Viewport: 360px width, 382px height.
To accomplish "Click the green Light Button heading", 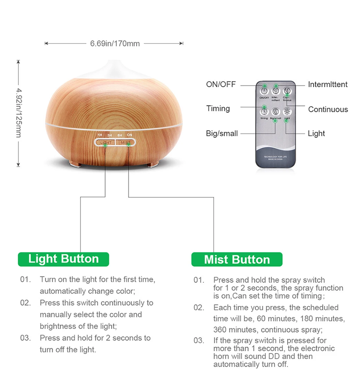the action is point(63,259).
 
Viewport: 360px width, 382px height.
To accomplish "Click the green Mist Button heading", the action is point(237,260).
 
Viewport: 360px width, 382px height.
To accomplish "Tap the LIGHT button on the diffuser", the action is point(106,142).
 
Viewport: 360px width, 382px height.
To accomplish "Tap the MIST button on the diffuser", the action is point(126,142).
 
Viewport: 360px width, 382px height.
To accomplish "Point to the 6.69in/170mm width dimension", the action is point(115,43).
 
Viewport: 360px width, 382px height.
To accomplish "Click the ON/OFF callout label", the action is point(221,84).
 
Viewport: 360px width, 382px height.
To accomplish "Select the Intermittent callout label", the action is point(327,84).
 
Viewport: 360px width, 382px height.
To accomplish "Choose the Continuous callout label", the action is point(328,109).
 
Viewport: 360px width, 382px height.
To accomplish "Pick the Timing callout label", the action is point(218,108).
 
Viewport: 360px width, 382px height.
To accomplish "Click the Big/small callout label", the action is point(222,133).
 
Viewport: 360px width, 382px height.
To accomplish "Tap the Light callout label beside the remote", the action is point(316,133).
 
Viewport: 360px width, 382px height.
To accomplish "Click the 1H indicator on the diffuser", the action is point(100,135).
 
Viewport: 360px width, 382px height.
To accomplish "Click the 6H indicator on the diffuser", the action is point(120,135).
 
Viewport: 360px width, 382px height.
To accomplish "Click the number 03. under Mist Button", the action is point(199,341).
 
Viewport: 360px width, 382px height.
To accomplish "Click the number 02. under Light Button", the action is point(25,303).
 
